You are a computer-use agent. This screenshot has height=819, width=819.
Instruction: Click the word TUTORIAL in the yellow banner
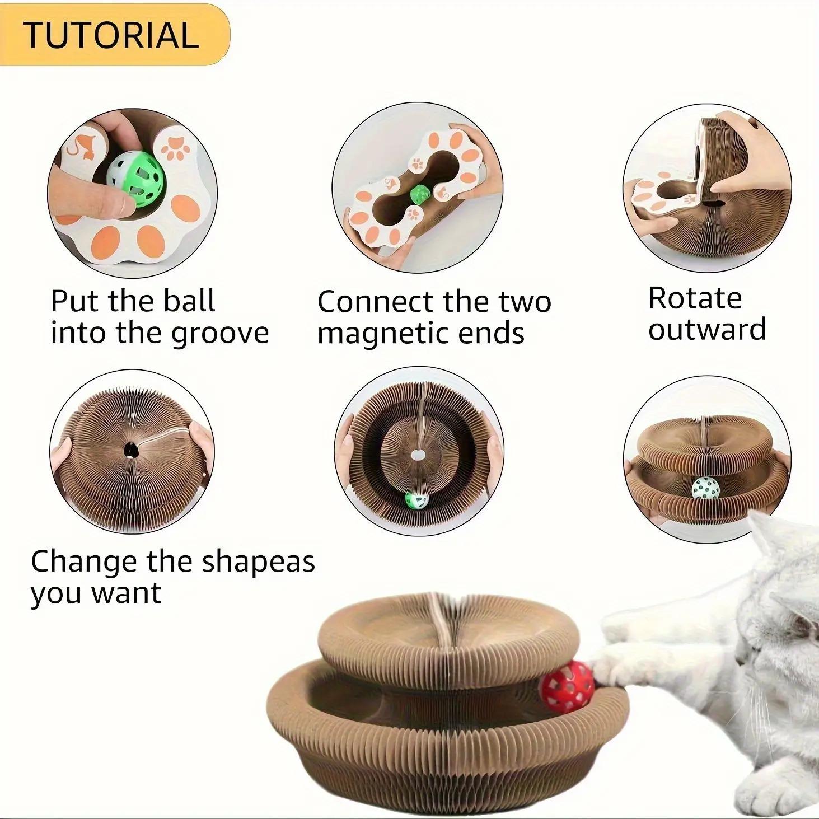111,34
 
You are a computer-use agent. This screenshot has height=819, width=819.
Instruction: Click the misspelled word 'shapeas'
258,561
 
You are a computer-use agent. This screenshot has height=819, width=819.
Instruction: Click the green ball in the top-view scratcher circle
415,500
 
